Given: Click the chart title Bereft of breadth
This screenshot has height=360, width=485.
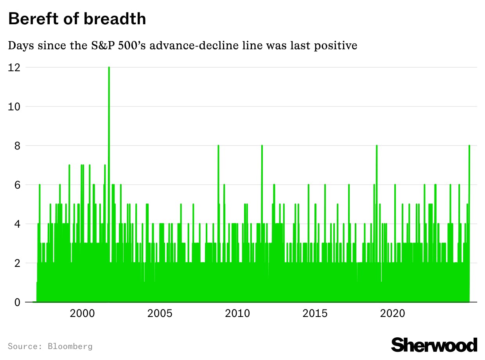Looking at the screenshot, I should click(x=77, y=19).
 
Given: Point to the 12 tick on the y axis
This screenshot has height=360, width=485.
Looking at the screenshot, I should click(x=14, y=67).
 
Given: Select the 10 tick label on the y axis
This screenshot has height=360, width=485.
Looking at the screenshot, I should click(x=14, y=106).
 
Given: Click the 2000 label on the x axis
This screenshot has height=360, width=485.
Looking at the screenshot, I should click(x=82, y=313).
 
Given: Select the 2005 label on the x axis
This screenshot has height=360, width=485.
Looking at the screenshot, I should click(x=160, y=313).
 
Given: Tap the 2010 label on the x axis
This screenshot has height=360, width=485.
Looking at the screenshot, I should click(x=237, y=313).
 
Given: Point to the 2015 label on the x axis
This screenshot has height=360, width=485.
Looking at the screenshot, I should click(x=315, y=313).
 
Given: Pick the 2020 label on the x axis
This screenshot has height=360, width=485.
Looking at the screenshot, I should click(x=393, y=313).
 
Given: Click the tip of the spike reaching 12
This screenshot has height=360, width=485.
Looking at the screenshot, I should click(x=109, y=68).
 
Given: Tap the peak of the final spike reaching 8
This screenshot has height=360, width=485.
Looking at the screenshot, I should click(x=469, y=146).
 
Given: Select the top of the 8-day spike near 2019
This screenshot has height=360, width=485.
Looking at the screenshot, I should click(x=376, y=146).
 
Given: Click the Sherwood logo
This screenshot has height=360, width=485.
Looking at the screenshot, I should click(x=434, y=345).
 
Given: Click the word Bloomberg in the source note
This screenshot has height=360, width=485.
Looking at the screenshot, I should click(x=70, y=346).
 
